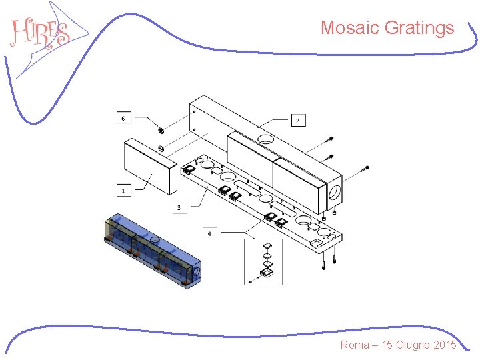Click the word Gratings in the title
(420, 28)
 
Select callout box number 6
(123, 118)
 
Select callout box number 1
(123, 191)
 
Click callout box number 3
(179, 207)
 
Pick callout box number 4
(209, 233)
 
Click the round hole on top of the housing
(265, 139)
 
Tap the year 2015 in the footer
(444, 345)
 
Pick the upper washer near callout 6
(161, 130)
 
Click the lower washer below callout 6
(161, 148)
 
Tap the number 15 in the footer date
(387, 345)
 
